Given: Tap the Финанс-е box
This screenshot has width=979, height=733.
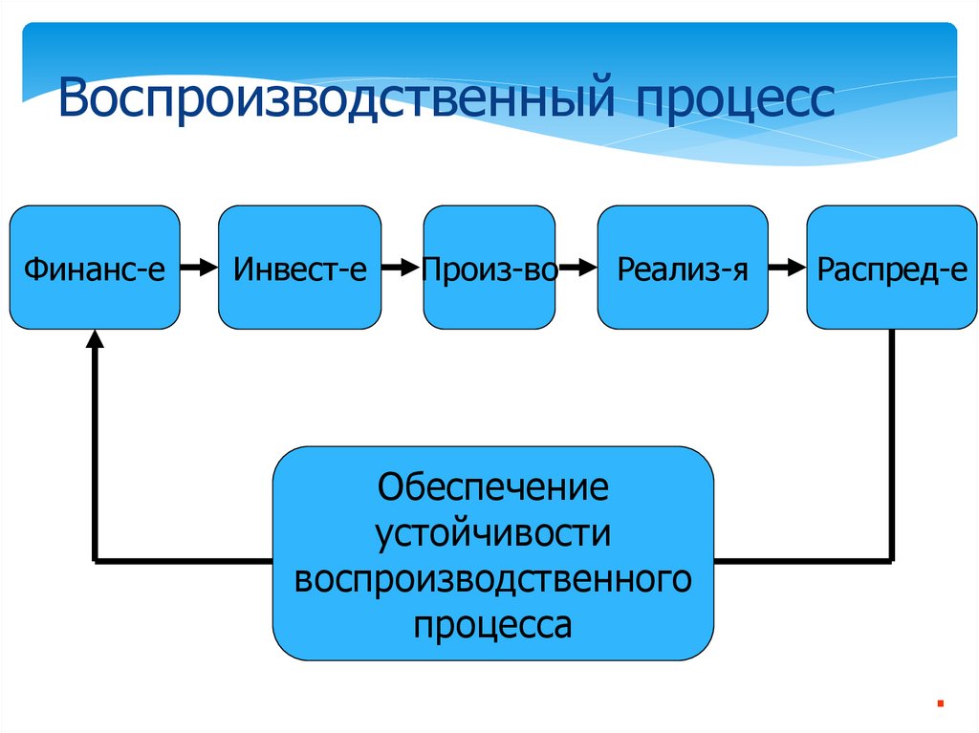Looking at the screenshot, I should (x=95, y=268).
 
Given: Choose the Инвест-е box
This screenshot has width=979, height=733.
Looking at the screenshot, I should (x=299, y=268).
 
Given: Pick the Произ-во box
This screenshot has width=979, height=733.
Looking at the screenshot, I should (x=489, y=268).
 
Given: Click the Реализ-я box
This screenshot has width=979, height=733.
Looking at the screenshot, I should (x=682, y=268).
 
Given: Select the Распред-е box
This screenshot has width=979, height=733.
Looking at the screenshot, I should (x=892, y=268).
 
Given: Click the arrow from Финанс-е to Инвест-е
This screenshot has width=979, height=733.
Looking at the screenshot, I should (x=199, y=269).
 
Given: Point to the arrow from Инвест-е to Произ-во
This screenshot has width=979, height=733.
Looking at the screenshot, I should (x=402, y=269).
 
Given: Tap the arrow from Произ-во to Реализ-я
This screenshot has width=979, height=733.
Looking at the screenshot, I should (x=577, y=269).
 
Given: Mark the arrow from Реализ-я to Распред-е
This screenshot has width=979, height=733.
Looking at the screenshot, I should (x=787, y=269).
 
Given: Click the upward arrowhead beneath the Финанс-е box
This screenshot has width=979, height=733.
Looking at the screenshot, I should (x=95, y=338).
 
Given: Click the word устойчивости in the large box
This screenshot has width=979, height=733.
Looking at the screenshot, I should (x=492, y=533).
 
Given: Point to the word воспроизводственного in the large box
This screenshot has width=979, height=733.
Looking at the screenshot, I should (x=492, y=579).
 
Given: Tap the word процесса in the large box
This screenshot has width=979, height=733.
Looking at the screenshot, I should (x=492, y=625).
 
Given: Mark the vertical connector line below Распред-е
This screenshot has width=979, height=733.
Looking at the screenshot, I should (x=892, y=440).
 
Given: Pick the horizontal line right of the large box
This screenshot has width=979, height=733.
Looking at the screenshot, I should (x=803, y=559).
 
